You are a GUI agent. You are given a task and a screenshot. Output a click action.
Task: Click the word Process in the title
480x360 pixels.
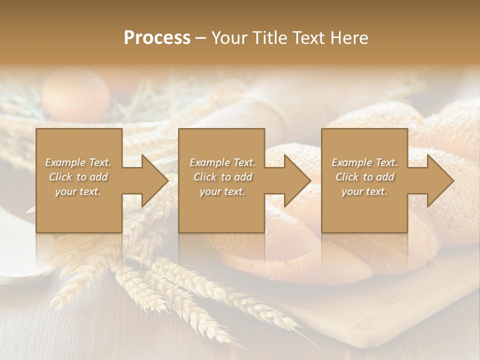click(x=157, y=38)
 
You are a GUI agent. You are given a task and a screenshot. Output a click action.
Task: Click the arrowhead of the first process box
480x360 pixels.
click(x=152, y=180)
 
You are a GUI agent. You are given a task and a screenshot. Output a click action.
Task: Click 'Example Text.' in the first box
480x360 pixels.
click(x=78, y=162)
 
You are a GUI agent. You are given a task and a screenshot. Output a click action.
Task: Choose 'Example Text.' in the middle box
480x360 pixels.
click(x=222, y=162)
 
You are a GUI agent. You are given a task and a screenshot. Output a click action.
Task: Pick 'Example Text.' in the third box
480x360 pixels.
click(x=364, y=162)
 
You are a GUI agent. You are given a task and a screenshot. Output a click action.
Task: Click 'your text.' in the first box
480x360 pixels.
click(x=78, y=191)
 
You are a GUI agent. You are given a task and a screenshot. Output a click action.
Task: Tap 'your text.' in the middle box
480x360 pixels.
click(x=222, y=191)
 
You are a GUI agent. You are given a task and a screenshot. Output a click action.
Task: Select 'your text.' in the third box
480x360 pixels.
click(x=364, y=191)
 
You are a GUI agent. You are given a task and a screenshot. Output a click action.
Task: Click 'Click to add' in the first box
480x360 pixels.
click(x=78, y=177)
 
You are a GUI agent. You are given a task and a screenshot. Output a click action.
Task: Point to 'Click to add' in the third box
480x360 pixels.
click(x=364, y=177)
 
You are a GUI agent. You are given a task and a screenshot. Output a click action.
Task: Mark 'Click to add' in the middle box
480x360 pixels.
click(x=222, y=177)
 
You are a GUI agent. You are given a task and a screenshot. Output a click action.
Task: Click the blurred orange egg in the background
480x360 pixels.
click(x=75, y=95)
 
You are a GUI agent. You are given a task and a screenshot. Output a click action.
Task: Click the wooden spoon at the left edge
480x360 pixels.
click(x=20, y=260)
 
